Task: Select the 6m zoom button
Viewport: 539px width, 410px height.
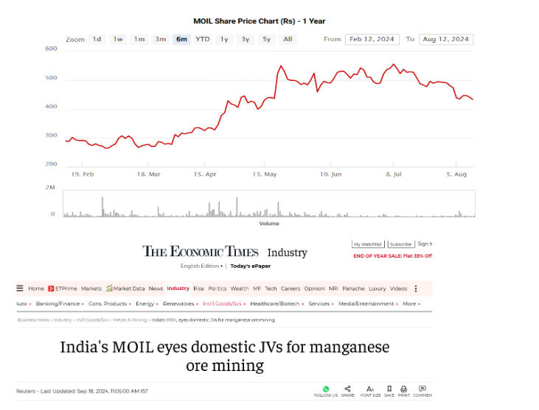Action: tap(181, 39)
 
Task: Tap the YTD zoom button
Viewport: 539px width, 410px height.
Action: tap(202, 39)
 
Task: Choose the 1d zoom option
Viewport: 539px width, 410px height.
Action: tap(97, 39)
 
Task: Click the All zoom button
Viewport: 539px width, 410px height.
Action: tap(288, 39)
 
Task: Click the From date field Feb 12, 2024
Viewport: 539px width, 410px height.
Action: tap(372, 39)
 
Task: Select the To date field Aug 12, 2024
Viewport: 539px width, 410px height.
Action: tap(446, 39)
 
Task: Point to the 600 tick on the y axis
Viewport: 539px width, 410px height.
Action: tap(51, 49)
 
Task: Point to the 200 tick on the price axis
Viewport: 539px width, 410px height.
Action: tap(51, 164)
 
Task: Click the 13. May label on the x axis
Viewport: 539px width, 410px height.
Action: tap(264, 174)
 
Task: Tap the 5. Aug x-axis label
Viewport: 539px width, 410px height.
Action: tap(457, 174)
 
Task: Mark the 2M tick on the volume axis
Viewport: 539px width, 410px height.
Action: tap(50, 188)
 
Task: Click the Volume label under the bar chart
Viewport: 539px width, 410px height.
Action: tap(269, 223)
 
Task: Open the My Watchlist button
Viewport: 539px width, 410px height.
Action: tap(366, 244)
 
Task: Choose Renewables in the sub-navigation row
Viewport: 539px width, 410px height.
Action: tap(179, 303)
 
